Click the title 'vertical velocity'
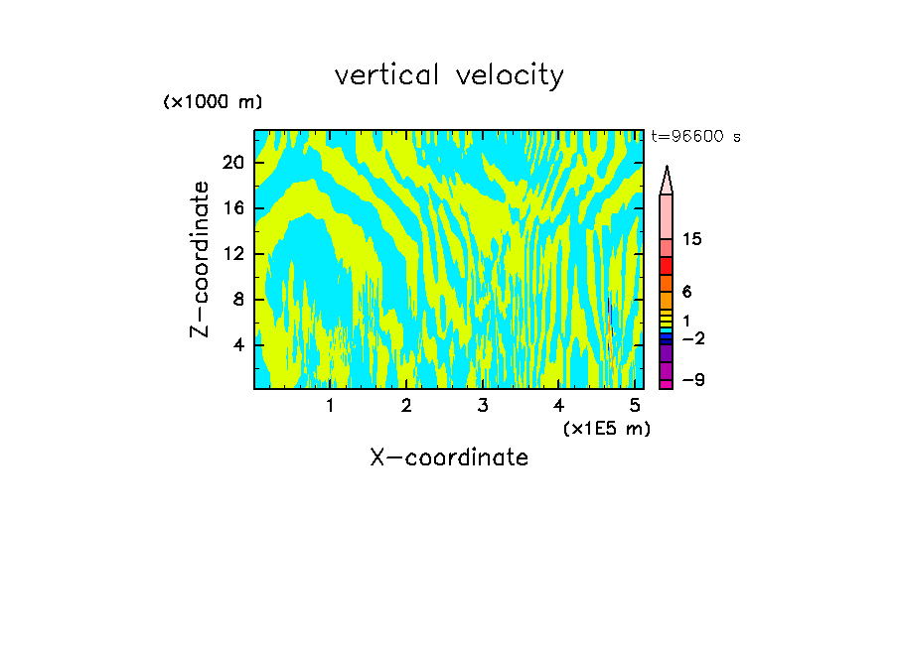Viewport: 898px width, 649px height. (449, 75)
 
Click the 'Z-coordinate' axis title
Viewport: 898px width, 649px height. (201, 259)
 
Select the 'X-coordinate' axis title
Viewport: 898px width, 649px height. (449, 457)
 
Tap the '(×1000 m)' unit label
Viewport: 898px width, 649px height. (213, 102)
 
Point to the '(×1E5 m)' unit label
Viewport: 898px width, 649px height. (606, 428)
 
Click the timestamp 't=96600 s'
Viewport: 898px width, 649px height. (695, 137)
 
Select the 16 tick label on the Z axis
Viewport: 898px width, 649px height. (231, 208)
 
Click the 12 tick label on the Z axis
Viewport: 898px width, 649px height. (231, 254)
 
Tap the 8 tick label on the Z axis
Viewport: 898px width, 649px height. (236, 300)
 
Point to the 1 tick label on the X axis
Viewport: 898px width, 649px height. (330, 406)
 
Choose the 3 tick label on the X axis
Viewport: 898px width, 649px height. (483, 406)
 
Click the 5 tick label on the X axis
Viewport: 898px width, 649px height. (635, 406)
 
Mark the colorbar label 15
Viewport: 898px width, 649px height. (692, 240)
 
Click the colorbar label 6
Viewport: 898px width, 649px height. (686, 292)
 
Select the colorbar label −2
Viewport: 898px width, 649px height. (692, 338)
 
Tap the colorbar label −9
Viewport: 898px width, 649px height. (692, 379)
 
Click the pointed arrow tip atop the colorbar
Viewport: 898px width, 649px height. (667, 174)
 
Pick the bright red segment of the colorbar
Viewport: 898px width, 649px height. (667, 266)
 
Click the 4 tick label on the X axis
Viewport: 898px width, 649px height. (558, 406)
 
